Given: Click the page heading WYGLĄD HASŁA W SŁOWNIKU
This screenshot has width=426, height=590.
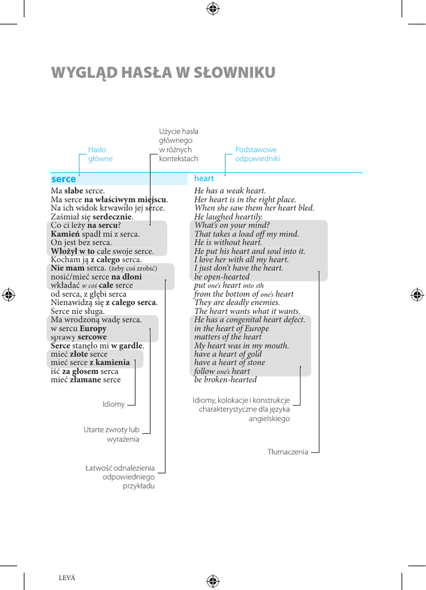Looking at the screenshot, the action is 163,73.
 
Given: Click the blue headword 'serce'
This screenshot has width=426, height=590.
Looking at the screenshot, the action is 63,179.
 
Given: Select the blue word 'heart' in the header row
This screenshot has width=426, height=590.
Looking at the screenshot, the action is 204,179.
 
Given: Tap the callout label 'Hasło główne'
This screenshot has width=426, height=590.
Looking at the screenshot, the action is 100,154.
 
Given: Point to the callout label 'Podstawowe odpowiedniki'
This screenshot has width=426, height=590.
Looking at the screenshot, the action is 257,154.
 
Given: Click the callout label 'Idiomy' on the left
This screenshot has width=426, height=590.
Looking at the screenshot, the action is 113,404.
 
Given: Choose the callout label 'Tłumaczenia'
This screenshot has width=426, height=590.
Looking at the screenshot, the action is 288,452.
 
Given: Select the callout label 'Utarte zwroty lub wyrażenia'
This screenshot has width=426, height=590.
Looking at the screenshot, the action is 111,434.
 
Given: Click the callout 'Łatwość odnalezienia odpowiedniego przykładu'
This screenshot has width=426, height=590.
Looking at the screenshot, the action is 120,476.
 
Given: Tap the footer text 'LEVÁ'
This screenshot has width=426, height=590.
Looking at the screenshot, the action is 67,578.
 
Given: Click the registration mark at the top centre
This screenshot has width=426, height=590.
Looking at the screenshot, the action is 213,8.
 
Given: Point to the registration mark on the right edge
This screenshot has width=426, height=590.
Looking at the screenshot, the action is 417,294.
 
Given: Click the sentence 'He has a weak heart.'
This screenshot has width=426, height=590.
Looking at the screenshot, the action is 230,191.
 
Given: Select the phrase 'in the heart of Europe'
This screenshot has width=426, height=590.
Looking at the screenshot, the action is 231,328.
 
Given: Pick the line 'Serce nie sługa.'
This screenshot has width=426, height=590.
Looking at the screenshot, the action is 78,311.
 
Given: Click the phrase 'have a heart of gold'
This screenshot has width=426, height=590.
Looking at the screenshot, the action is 228,354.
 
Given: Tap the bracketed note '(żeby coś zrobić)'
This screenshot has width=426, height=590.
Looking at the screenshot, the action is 133,268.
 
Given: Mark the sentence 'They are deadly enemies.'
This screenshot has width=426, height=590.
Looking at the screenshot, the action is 237,302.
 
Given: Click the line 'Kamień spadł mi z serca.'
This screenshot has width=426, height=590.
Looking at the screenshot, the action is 95,234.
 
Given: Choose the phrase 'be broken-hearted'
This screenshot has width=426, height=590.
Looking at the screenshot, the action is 226,380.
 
